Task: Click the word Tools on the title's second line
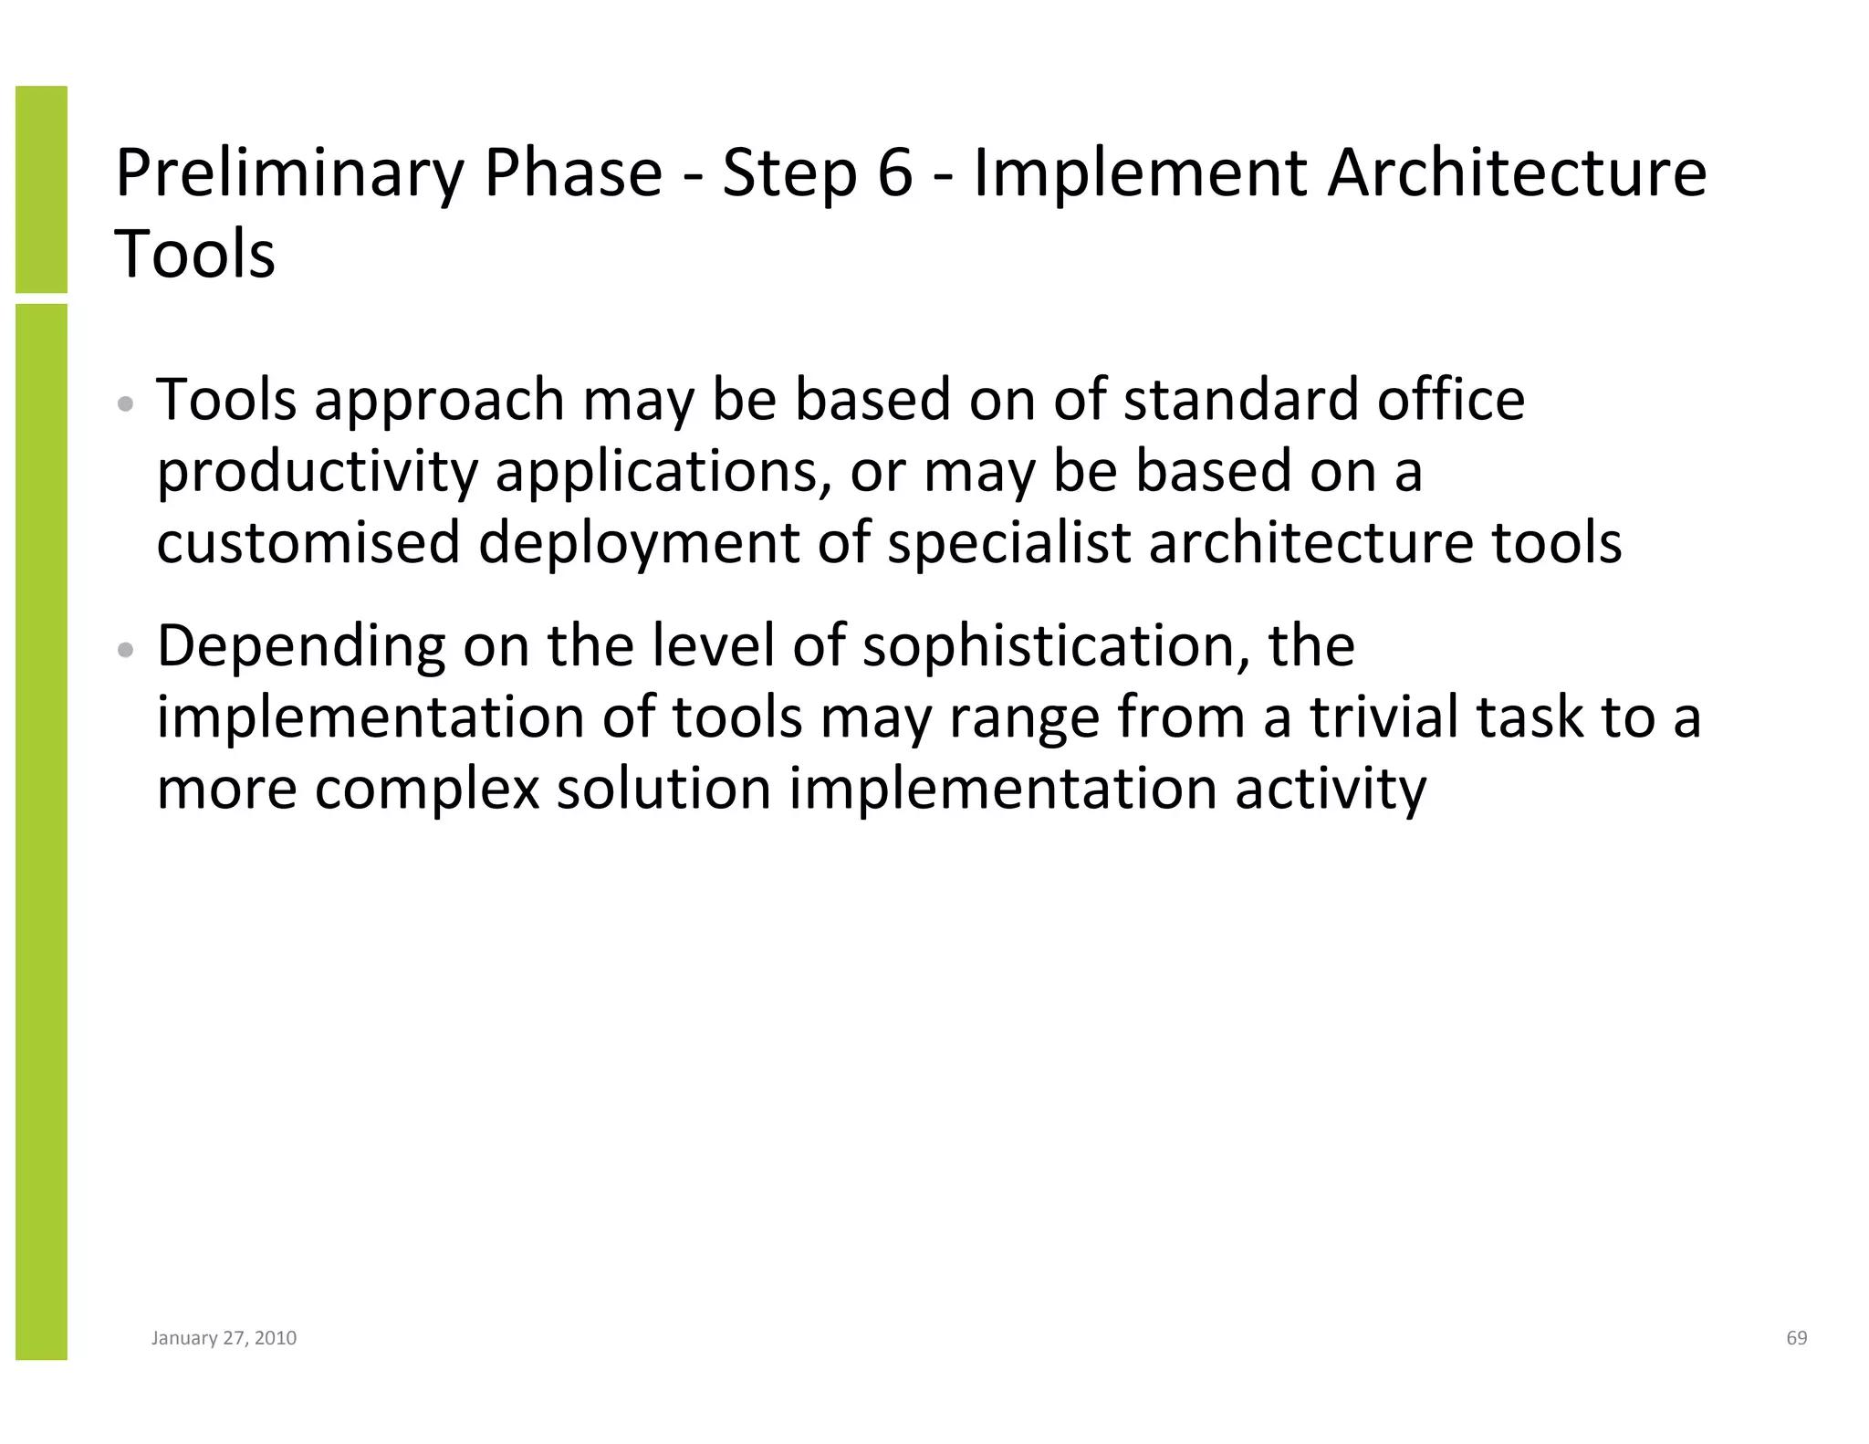[194, 253]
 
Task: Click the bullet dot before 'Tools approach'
[127, 403]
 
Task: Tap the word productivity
[317, 472]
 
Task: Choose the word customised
[308, 541]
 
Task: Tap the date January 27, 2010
[224, 1338]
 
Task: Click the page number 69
[1796, 1338]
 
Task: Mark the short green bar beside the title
[41, 189]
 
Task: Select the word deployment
[639, 543]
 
